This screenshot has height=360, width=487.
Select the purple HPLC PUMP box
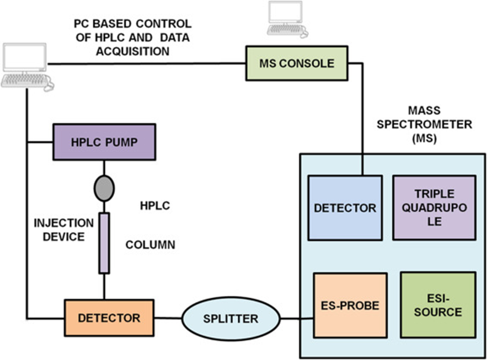click(x=104, y=141)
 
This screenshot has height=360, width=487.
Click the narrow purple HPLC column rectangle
click(x=104, y=243)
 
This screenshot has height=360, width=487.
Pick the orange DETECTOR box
click(x=109, y=318)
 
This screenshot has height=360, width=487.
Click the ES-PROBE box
click(x=350, y=305)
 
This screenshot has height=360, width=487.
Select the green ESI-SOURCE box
click(x=438, y=304)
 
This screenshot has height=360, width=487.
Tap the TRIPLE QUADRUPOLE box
click(x=434, y=207)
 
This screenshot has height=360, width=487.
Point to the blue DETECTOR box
click(x=345, y=208)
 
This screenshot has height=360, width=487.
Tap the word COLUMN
click(x=151, y=245)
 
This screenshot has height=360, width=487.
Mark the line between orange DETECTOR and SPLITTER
click(x=168, y=318)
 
